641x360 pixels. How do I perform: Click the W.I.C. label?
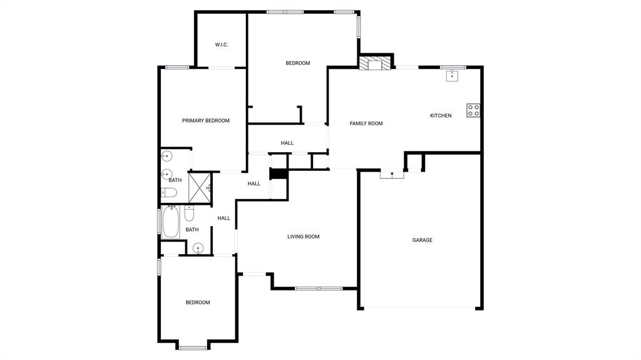[222, 44]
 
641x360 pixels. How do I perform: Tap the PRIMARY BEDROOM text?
[205, 121]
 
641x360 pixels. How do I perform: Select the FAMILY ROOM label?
[366, 124]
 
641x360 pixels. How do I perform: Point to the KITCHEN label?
[441, 116]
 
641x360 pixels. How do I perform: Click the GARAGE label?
[422, 240]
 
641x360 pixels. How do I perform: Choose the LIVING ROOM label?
[303, 237]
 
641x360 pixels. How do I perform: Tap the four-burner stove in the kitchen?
[473, 111]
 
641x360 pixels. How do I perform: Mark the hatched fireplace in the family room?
[375, 64]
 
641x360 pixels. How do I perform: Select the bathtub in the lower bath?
[170, 222]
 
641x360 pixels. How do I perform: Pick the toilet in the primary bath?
[170, 193]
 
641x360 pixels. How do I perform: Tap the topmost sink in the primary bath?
[167, 157]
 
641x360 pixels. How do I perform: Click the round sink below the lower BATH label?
[198, 249]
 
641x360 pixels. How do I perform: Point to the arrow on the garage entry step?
[392, 174]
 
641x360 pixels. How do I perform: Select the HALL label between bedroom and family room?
[287, 143]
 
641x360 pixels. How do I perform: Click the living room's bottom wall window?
[319, 289]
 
